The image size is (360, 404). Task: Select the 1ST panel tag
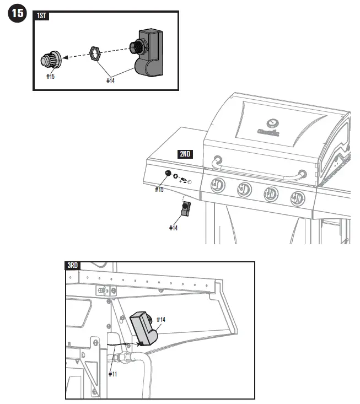[41, 16]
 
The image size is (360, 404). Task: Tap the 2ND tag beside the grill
[185, 154]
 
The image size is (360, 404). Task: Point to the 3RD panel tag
[73, 266]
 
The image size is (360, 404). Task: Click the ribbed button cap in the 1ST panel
[51, 60]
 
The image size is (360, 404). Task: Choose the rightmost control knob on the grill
[298, 197]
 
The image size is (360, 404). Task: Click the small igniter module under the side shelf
[186, 209]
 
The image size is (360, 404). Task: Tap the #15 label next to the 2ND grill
[159, 190]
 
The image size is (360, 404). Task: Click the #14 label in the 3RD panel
[162, 320]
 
